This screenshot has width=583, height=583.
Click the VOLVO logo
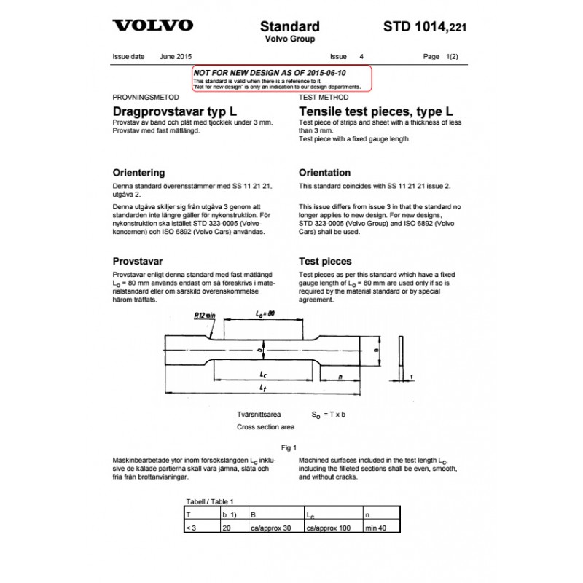[152, 26]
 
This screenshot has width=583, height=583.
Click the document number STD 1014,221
[425, 28]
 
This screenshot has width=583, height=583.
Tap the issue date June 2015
[176, 56]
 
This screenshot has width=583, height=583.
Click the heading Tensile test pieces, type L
[376, 111]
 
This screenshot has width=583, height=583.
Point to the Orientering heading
[138, 173]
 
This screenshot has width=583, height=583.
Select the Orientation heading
[325, 173]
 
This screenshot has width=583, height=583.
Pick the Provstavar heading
[137, 261]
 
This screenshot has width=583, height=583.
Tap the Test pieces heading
[325, 261]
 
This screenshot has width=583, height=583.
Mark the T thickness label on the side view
[412, 377]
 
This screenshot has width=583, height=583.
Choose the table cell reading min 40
[377, 528]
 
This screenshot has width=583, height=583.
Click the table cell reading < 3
[192, 528]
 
